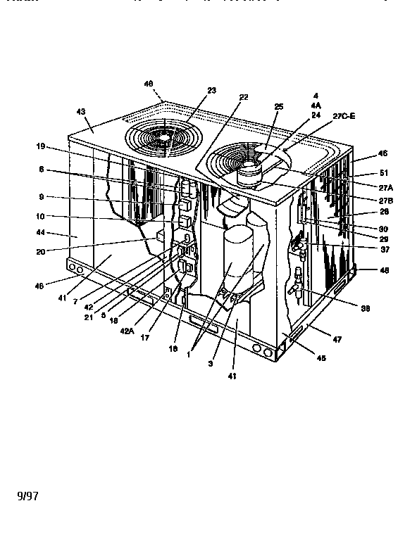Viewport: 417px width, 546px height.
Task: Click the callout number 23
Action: pyautogui.click(x=191, y=90)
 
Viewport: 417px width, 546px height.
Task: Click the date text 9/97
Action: pyautogui.click(x=27, y=495)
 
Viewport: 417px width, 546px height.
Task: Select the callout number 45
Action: pyautogui.click(x=320, y=357)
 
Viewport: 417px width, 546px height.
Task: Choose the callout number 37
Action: pyautogui.click(x=365, y=249)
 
